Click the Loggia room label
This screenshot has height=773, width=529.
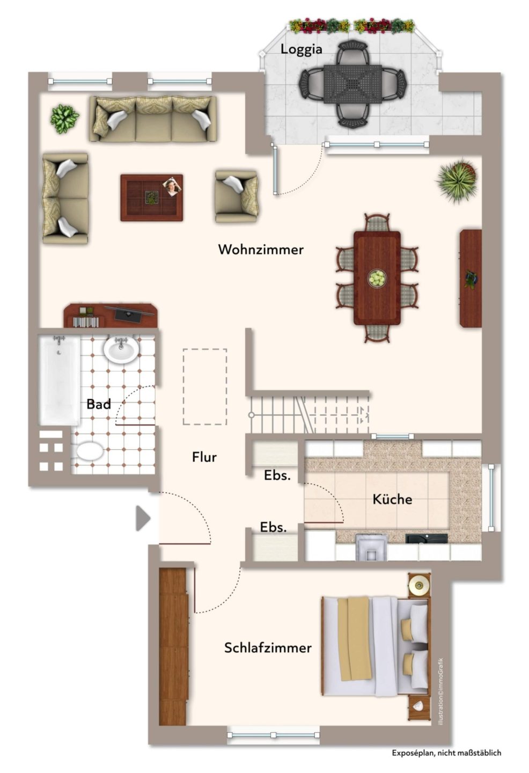pyautogui.click(x=302, y=49)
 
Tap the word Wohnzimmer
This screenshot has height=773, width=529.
pyautogui.click(x=261, y=250)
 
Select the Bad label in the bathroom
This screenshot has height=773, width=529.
pyautogui.click(x=99, y=404)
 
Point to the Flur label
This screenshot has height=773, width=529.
pyautogui.click(x=204, y=457)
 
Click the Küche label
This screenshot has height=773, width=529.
pyautogui.click(x=392, y=499)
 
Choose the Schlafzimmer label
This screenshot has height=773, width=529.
pyautogui.click(x=268, y=648)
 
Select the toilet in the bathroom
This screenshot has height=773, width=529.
pyautogui.click(x=89, y=451)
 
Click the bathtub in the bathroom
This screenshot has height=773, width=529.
pyautogui.click(x=60, y=380)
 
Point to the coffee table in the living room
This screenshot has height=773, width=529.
pyautogui.click(x=152, y=198)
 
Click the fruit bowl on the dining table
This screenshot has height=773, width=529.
pyautogui.click(x=377, y=278)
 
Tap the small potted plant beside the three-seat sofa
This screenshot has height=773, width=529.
pyautogui.click(x=64, y=118)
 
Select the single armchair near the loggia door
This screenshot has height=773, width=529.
pyautogui.click(x=237, y=195)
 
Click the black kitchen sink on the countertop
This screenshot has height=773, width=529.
pyautogui.click(x=426, y=539)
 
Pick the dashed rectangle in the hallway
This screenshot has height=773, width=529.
pyautogui.click(x=205, y=387)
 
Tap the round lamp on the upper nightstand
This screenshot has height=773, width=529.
pyautogui.click(x=419, y=585)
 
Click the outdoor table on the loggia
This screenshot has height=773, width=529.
pyautogui.click(x=352, y=84)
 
